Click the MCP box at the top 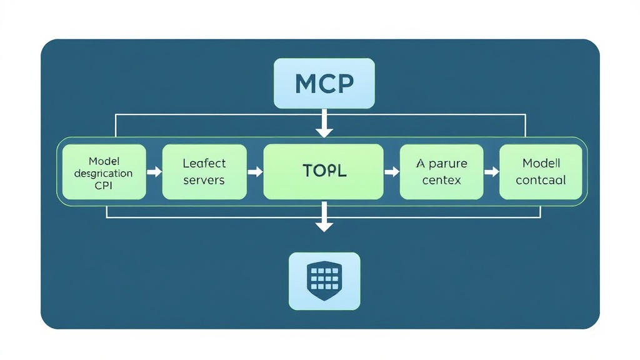coord(324,83)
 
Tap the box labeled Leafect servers coord(204,172)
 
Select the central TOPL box coord(323,171)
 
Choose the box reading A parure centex coord(441,172)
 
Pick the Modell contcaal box coord(541,172)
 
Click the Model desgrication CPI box coord(103,172)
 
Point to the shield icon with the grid coord(324,281)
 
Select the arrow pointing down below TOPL coord(324,219)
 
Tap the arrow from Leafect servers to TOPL coord(255,172)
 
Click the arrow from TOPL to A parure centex coord(392,172)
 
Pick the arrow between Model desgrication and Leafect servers coord(154,172)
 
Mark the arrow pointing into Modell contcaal coord(492,172)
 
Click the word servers coord(204,180)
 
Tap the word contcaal coord(541,180)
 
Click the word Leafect coord(204,163)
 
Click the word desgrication coord(103,173)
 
